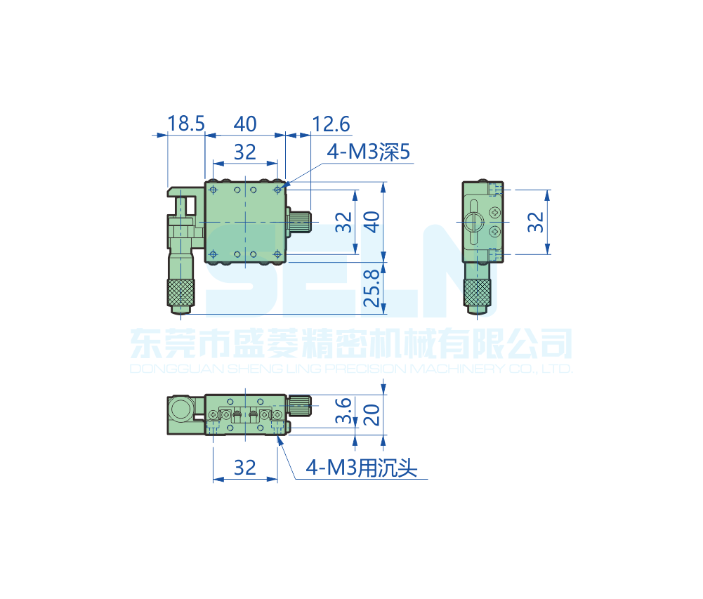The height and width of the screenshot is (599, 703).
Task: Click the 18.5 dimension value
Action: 185,124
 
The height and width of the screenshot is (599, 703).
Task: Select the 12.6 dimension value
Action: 331,124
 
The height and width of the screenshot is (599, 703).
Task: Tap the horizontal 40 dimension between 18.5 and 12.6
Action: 244,124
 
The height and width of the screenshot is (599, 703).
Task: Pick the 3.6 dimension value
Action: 343,411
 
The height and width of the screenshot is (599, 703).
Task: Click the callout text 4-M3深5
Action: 368,152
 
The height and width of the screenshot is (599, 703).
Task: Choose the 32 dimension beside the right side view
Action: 536,222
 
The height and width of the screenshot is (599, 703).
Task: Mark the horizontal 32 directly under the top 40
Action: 244,152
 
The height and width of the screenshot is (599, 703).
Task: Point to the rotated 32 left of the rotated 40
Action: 343,222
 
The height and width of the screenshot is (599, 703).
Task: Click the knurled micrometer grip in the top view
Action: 181,290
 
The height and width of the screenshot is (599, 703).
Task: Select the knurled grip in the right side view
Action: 479,291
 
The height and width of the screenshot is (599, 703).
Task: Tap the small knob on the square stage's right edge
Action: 301,222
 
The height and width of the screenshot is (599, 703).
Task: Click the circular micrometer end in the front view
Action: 182,409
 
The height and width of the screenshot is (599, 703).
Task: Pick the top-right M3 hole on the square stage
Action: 278,190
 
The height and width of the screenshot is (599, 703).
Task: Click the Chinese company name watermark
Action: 351,344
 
